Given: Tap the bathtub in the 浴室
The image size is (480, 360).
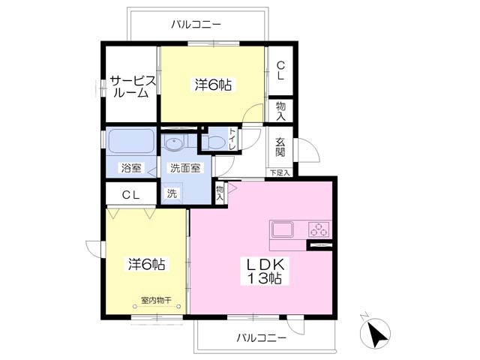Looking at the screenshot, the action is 131,140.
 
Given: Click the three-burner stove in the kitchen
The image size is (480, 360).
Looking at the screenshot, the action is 319,229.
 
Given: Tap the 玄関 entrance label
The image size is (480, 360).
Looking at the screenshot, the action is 280,147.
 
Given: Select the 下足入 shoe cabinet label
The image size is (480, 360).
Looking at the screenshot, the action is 280,173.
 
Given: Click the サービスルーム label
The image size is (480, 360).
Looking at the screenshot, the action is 133,87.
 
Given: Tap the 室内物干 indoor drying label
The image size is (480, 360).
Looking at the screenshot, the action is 156,300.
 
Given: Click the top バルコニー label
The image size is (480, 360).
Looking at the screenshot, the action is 196,25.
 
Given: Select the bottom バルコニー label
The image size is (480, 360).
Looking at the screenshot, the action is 262,338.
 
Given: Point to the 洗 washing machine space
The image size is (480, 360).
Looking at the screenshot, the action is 172,193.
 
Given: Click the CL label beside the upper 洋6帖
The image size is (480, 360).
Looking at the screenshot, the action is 280,70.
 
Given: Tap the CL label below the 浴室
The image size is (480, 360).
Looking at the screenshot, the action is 131,195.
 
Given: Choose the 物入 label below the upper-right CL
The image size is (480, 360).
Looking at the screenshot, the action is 280,111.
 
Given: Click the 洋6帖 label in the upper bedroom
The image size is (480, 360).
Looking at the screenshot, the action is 213,85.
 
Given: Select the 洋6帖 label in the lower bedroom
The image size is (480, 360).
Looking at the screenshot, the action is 147,264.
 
